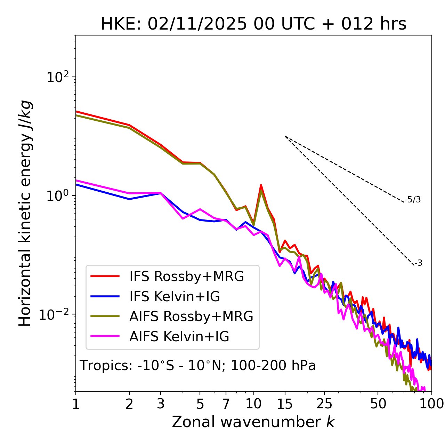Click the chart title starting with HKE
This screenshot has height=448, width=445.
tap(253, 24)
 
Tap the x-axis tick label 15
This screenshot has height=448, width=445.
tap(285, 404)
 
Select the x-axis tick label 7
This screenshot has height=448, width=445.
tap(226, 404)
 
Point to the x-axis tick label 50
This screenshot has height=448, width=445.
tap(378, 404)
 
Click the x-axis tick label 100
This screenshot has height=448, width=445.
tap(431, 404)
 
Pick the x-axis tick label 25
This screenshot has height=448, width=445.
tap(324, 404)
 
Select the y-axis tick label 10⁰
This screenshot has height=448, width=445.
tap(59, 196)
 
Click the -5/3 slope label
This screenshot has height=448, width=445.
tap(413, 200)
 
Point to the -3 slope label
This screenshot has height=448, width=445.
tap(418, 263)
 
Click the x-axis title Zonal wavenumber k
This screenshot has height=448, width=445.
tap(253, 422)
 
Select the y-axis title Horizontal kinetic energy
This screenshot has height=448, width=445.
tap(25, 213)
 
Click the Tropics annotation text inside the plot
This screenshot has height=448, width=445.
tap(197, 366)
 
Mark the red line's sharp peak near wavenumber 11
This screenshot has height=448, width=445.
tap(261, 185)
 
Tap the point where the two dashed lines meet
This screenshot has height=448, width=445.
tap(285, 136)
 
